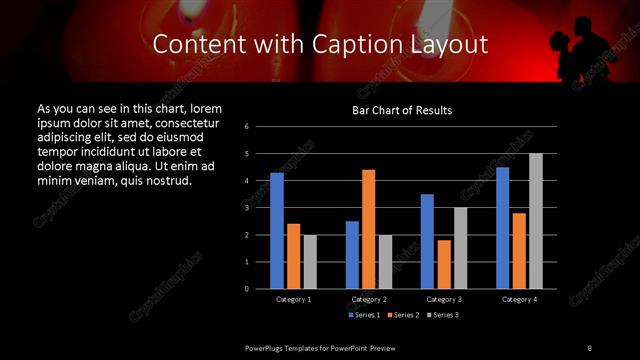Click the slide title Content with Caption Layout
pos(320,45)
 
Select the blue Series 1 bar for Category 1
pos(277,231)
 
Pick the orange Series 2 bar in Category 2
pos(369,229)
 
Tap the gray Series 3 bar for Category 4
pos(536,221)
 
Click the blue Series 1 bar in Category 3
pos(427,241)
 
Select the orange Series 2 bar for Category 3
pos(443,264)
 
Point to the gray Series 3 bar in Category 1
pos(310,262)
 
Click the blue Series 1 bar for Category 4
pos(503,228)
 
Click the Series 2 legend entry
pos(403,315)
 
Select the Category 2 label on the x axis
pos(369,299)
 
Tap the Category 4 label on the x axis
pos(519,299)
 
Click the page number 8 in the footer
pos(590,347)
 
